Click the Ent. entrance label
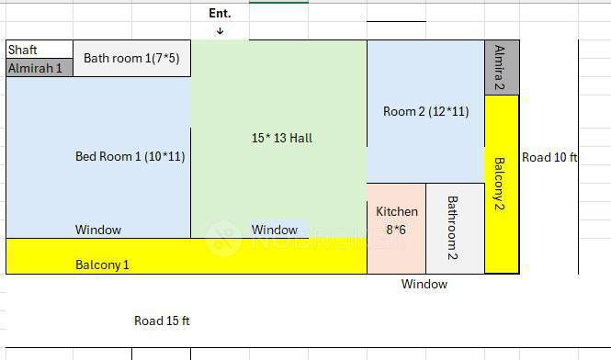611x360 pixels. tap(220, 13)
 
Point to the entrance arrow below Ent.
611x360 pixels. tap(220, 31)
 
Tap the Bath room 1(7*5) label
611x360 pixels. tap(131, 58)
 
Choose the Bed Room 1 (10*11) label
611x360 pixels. tap(130, 156)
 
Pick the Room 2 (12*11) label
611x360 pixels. tap(425, 111)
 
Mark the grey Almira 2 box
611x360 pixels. tap(502, 67)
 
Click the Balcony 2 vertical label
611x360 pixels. tap(501, 185)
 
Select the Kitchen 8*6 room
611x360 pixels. tap(397, 228)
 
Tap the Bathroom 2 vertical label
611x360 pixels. tap(453, 227)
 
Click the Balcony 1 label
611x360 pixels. tap(102, 264)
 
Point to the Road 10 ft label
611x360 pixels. tap(549, 157)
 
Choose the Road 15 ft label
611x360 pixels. tap(162, 321)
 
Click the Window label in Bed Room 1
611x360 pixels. tap(98, 230)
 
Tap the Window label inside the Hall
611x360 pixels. tap(275, 230)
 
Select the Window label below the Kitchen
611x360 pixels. tap(424, 284)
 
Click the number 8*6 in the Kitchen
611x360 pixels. tap(396, 230)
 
